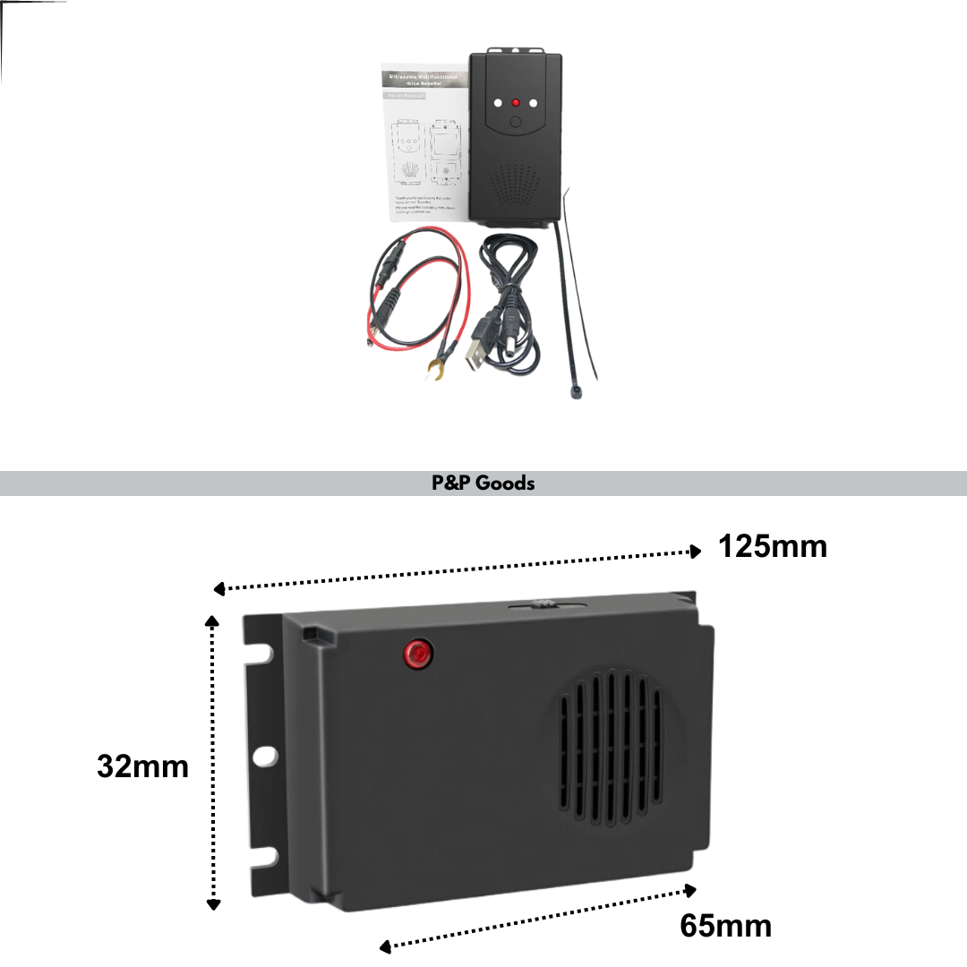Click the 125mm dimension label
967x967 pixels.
point(772,545)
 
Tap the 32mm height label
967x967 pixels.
point(143,766)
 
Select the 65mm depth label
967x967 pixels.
point(725,925)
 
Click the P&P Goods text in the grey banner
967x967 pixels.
point(483,483)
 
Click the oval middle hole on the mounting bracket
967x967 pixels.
point(264,757)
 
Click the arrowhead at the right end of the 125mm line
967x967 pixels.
point(696,552)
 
